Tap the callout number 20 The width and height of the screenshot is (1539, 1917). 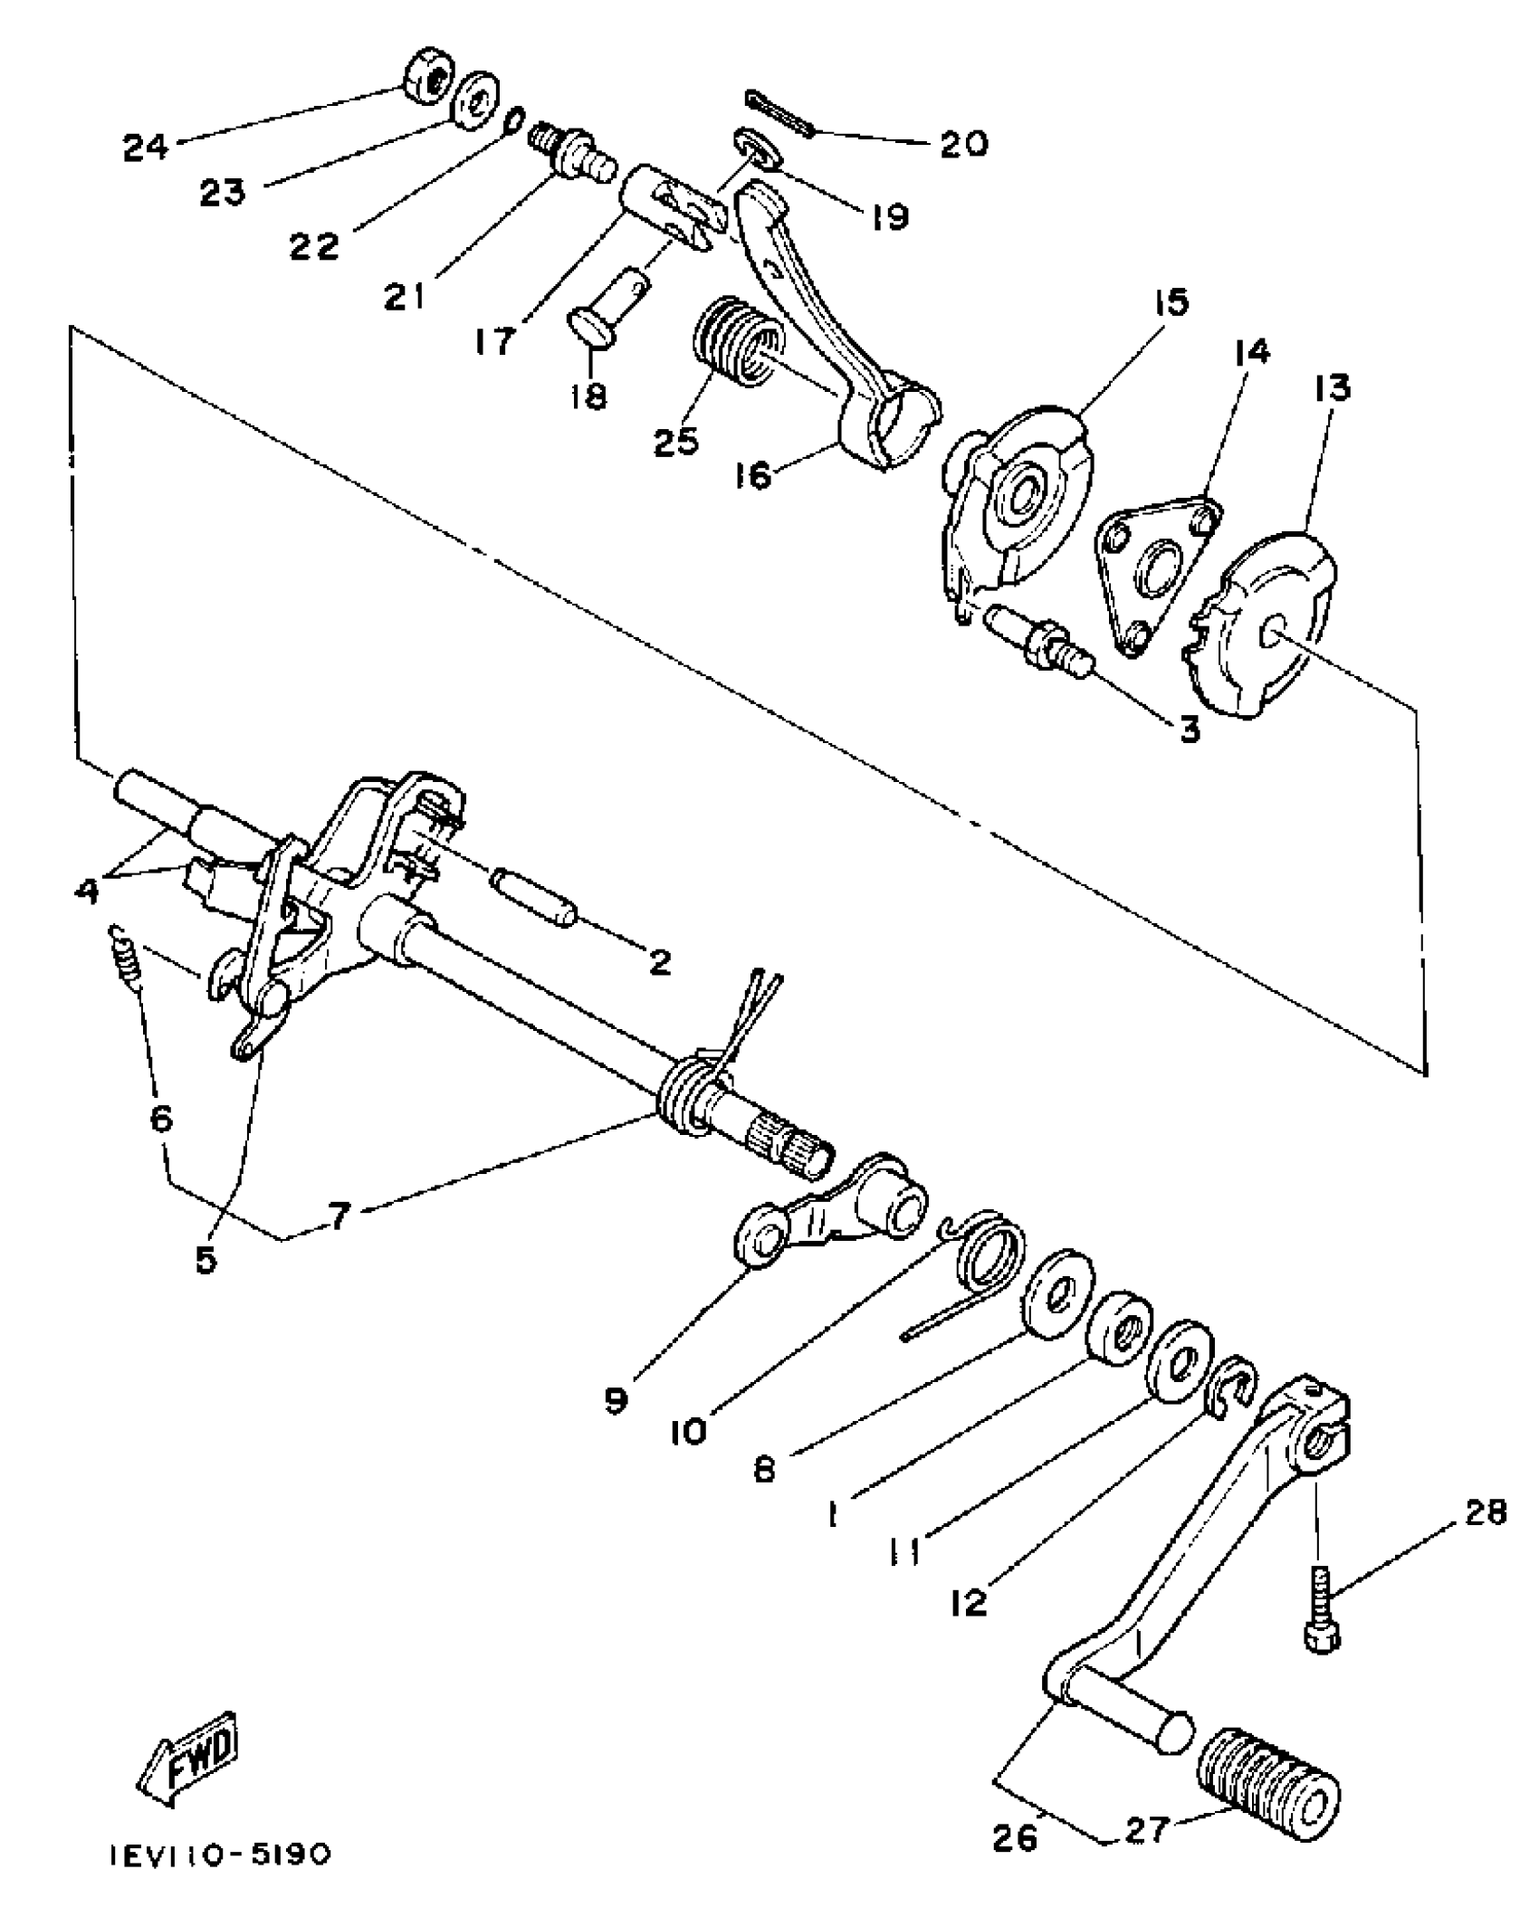(963, 143)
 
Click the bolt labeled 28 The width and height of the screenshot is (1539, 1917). (1322, 1609)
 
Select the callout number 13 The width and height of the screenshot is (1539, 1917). (1333, 387)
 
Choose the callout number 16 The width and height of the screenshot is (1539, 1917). (754, 473)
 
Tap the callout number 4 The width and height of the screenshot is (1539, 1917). (87, 890)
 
